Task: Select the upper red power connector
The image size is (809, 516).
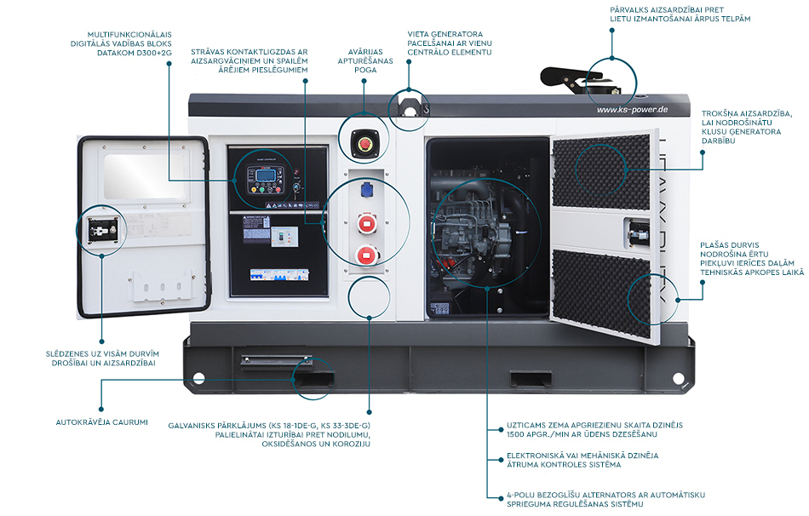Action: [367, 224]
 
